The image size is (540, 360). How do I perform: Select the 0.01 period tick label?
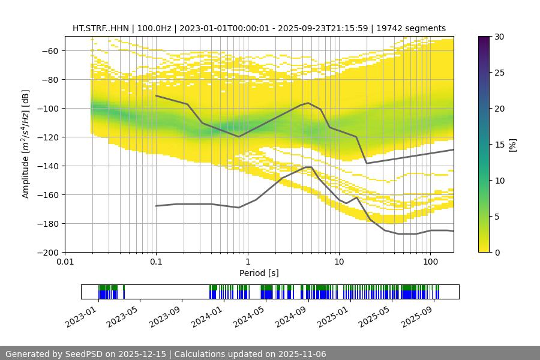65,262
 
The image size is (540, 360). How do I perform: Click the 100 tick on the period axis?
430,262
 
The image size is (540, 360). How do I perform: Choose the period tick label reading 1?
247,262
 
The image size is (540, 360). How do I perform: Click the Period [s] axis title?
259,273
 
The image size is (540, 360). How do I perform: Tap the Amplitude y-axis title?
25,144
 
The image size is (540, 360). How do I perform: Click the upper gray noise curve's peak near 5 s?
308,103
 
